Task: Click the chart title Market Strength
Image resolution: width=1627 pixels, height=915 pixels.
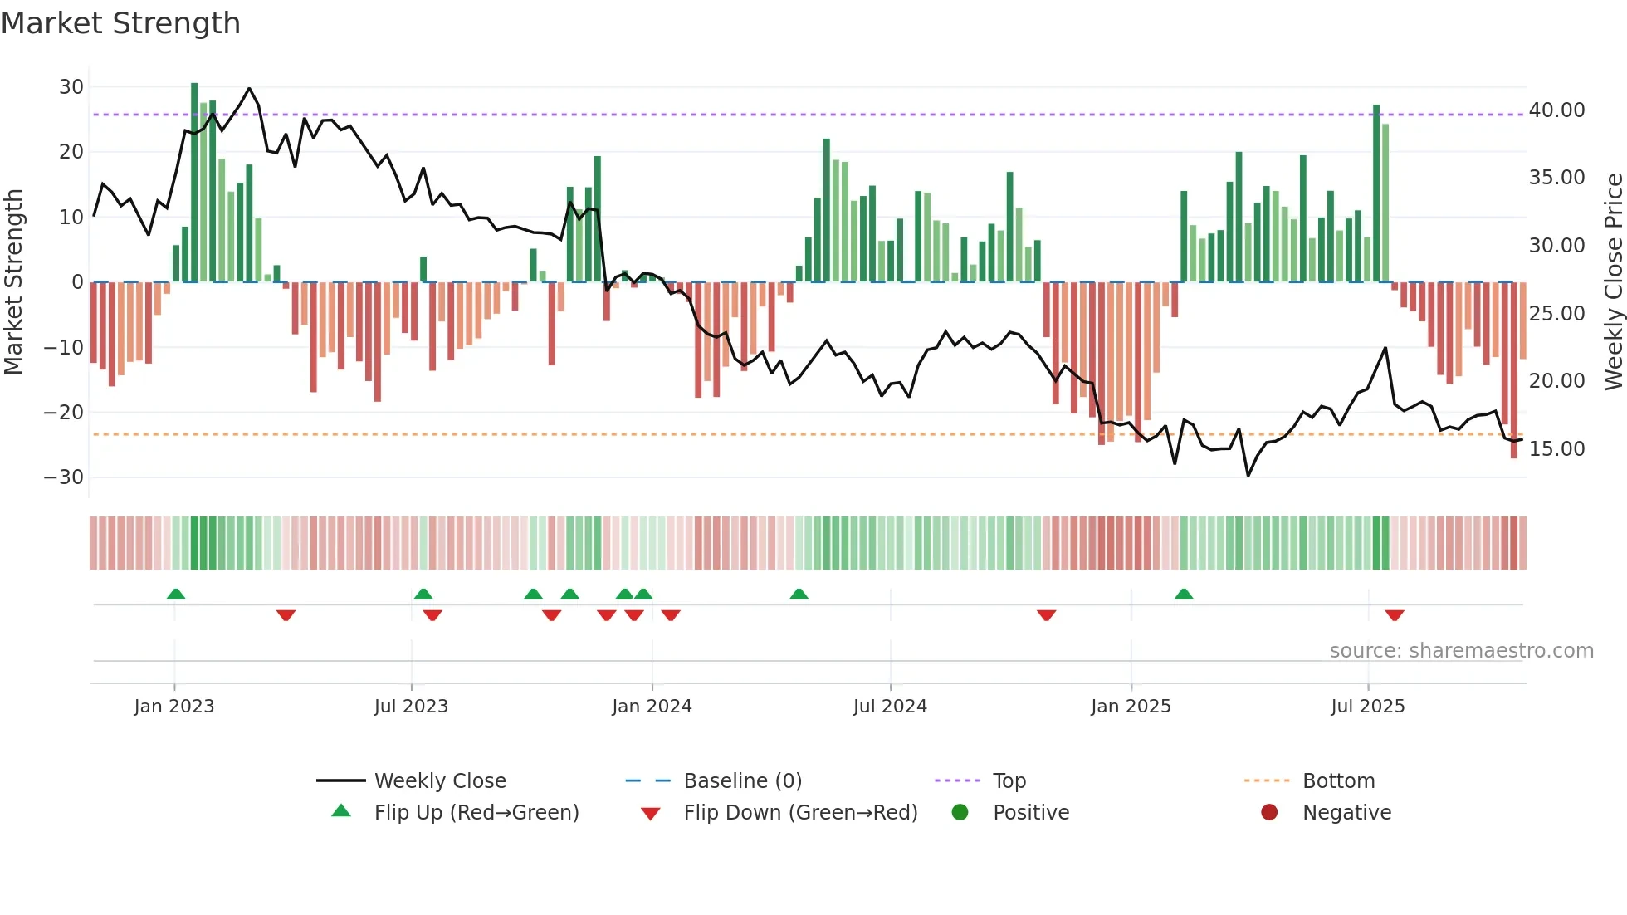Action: pos(120,23)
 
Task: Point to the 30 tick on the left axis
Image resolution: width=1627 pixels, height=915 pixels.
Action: pos(71,87)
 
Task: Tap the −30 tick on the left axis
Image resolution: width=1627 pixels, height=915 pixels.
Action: pos(64,477)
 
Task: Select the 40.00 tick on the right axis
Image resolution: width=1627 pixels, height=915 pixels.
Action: pos(1556,110)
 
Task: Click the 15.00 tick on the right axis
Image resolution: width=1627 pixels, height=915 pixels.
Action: pos(1556,449)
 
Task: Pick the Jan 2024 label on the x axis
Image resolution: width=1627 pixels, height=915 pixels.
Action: pos(652,707)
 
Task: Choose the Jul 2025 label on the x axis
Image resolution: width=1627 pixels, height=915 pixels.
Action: pos(1367,707)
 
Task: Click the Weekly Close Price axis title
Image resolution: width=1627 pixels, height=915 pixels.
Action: pos(1613,282)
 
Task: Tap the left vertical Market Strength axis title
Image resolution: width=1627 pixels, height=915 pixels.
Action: pos(13,282)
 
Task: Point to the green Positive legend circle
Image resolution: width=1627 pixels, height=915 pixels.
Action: pos(960,813)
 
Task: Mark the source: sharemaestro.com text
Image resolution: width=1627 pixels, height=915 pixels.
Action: pos(1461,651)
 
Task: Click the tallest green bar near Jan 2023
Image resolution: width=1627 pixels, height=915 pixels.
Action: pos(194,183)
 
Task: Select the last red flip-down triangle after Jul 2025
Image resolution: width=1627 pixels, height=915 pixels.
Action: pos(1395,615)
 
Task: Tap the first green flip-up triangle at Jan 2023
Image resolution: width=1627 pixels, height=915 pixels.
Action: pos(176,594)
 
